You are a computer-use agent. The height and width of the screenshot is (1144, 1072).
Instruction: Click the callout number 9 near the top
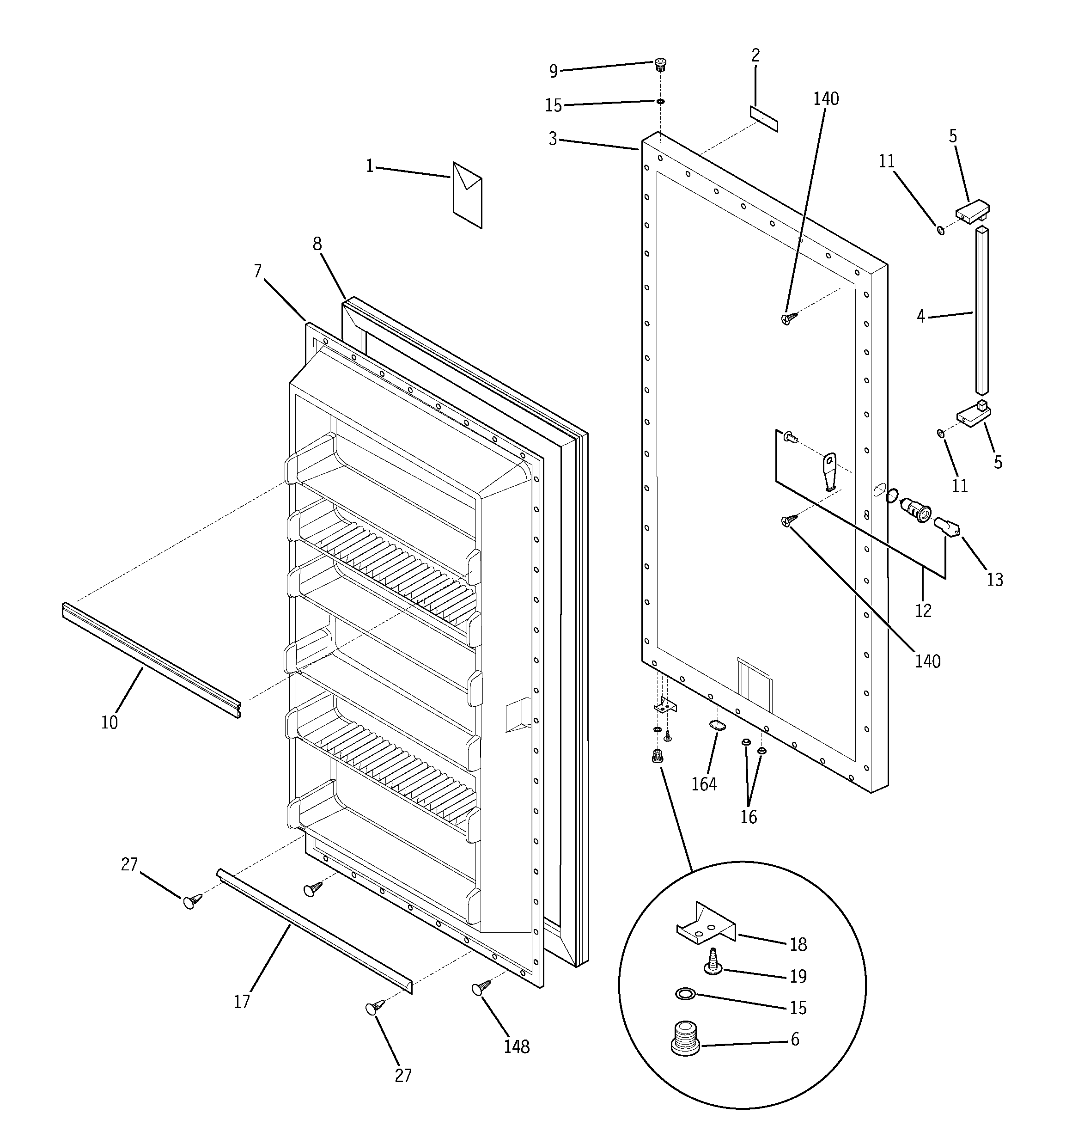tap(553, 71)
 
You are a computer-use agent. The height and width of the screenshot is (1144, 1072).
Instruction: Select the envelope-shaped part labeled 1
tap(467, 195)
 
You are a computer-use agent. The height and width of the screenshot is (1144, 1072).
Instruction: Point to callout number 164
tap(704, 784)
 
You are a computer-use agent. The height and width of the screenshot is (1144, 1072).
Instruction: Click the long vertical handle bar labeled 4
tap(981, 311)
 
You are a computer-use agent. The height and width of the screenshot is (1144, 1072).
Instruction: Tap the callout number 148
tap(516, 1046)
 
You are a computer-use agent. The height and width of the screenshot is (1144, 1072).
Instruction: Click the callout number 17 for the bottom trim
tap(242, 1002)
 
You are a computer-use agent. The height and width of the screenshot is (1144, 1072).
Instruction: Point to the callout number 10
tap(110, 722)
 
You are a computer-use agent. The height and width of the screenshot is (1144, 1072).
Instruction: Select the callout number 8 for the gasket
tap(317, 244)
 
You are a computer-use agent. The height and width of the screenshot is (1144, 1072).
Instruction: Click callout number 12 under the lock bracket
tap(922, 611)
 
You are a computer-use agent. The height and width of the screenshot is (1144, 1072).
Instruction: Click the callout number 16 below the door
tap(749, 817)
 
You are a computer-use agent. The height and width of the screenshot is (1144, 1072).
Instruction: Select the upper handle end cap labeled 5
tap(973, 209)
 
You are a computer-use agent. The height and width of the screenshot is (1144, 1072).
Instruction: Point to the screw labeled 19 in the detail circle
tap(713, 963)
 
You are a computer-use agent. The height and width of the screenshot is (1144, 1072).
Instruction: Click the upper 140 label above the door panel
tap(826, 99)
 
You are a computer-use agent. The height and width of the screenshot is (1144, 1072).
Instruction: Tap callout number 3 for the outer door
tap(552, 139)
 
